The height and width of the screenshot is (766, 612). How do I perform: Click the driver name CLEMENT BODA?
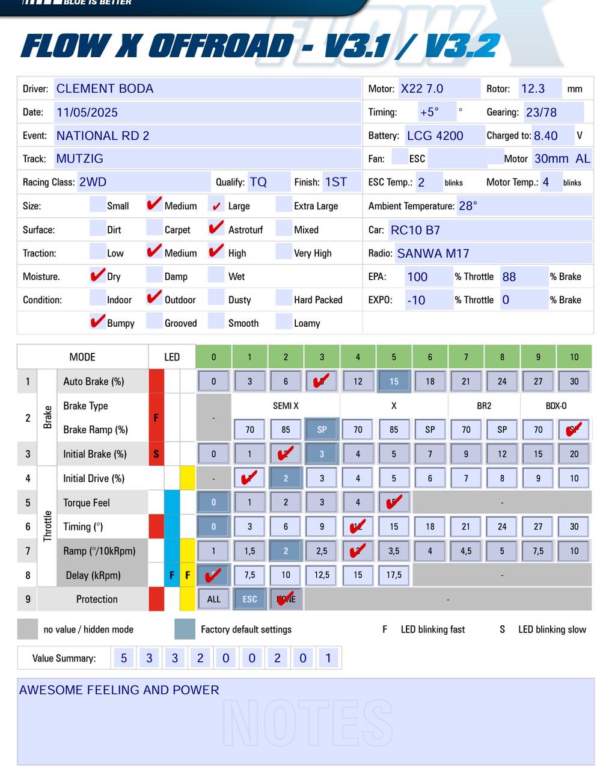105,88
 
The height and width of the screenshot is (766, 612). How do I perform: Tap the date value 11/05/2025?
87,112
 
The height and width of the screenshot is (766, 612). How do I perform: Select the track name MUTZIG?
79,159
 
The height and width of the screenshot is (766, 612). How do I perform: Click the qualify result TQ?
258,182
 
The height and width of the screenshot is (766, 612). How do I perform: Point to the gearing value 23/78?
541,112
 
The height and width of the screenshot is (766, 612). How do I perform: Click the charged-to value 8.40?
545,135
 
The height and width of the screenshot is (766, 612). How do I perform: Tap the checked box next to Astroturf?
216,229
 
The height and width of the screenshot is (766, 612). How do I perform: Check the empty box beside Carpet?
154,229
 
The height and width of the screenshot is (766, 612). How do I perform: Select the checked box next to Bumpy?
97,322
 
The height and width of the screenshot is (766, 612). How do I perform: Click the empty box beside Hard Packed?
283,298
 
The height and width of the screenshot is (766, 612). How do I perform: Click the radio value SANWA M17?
433,253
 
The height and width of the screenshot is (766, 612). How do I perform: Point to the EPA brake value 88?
509,277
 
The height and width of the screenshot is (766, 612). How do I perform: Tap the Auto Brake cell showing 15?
394,381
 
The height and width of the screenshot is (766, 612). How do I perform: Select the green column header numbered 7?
466,357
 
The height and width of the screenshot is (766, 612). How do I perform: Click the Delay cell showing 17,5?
394,575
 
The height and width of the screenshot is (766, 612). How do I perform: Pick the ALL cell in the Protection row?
213,599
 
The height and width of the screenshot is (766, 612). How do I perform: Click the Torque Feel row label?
87,503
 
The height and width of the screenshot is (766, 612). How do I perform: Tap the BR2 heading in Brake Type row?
484,406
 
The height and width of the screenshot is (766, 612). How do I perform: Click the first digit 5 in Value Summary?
124,658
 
